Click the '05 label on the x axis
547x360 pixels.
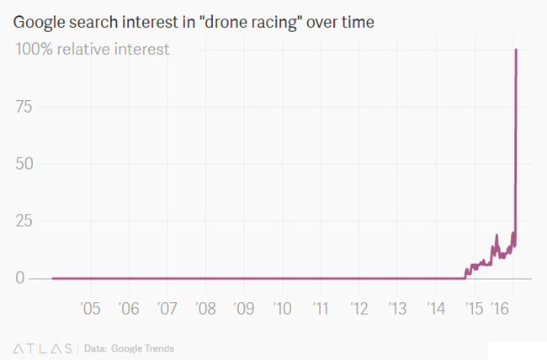pos(90,309)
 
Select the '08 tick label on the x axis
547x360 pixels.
pos(204,309)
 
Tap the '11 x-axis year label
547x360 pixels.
pos(321,309)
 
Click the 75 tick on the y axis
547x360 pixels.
pos(27,107)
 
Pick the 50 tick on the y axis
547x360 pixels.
pos(27,164)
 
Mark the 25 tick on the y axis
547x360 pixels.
pos(27,221)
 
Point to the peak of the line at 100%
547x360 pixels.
pos(515,50)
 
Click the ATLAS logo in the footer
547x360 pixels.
pos(43,347)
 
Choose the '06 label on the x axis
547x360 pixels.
pos(129,309)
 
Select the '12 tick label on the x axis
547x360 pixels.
pos(359,309)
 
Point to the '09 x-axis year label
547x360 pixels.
pos(243,309)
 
